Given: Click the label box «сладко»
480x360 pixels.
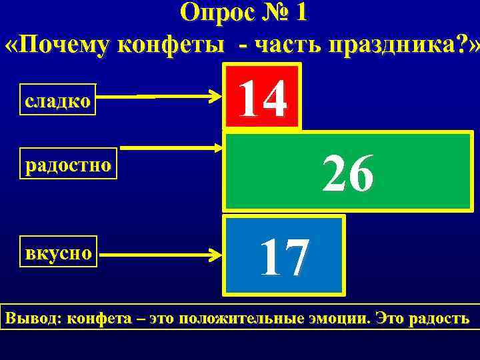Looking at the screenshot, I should tap(58, 102).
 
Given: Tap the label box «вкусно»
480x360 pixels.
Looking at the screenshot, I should tap(59, 253).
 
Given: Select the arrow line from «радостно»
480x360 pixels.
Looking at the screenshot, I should tap(170, 148).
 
